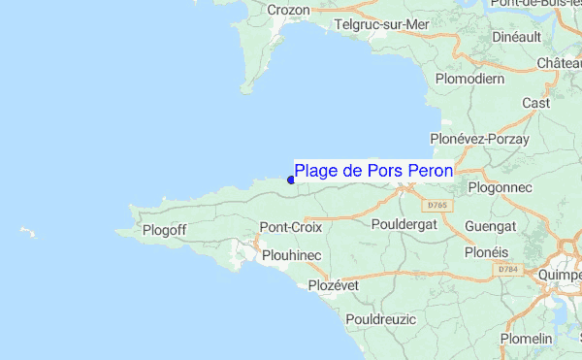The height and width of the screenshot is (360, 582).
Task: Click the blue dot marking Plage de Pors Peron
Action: (x=291, y=180)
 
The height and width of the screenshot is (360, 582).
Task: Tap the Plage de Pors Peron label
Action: (x=373, y=171)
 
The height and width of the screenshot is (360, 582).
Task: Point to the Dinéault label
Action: (x=516, y=36)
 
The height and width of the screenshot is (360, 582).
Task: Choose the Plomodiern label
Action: (x=470, y=78)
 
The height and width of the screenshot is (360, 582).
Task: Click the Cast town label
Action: (x=536, y=103)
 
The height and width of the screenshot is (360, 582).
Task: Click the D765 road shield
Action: (x=436, y=206)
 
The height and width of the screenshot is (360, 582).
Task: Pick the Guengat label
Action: (x=490, y=225)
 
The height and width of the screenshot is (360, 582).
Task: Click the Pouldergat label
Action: (x=405, y=224)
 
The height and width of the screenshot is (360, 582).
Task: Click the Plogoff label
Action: (x=164, y=230)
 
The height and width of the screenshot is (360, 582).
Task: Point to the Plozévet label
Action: (x=334, y=285)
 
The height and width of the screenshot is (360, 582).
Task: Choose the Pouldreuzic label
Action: (x=380, y=319)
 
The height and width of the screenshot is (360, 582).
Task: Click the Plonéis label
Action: (x=486, y=251)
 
